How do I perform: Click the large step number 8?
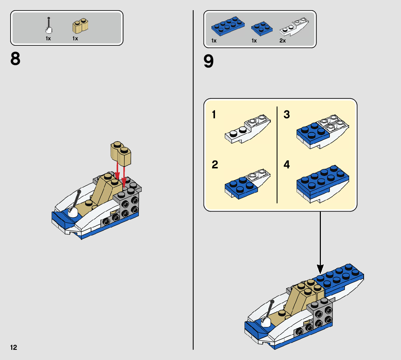click(x=16, y=59)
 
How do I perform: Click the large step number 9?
click(x=209, y=61)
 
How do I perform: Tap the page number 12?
click(x=13, y=348)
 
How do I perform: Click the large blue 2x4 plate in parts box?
click(x=228, y=26)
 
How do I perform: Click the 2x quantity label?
click(x=282, y=41)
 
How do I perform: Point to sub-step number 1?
click(x=214, y=115)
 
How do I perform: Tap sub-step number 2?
click(x=215, y=165)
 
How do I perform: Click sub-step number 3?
click(x=287, y=115)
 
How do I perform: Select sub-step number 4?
click(x=287, y=165)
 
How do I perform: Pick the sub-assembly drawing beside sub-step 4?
click(x=323, y=183)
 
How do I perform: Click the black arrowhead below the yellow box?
click(x=320, y=269)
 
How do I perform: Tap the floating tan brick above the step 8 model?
click(x=121, y=154)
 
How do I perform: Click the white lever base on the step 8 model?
click(x=73, y=213)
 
